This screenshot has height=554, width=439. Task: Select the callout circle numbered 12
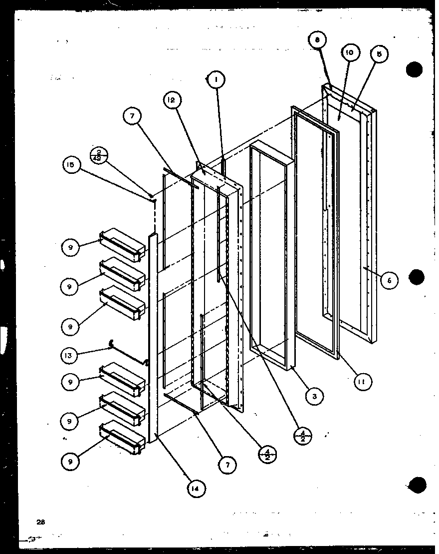click(x=171, y=100)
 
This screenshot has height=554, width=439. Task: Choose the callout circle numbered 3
click(x=315, y=397)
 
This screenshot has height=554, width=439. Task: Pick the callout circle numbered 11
click(x=363, y=383)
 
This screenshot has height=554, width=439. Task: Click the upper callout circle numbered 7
click(x=133, y=116)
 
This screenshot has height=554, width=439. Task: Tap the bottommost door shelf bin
click(x=123, y=438)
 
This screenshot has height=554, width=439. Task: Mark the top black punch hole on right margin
click(x=415, y=69)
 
